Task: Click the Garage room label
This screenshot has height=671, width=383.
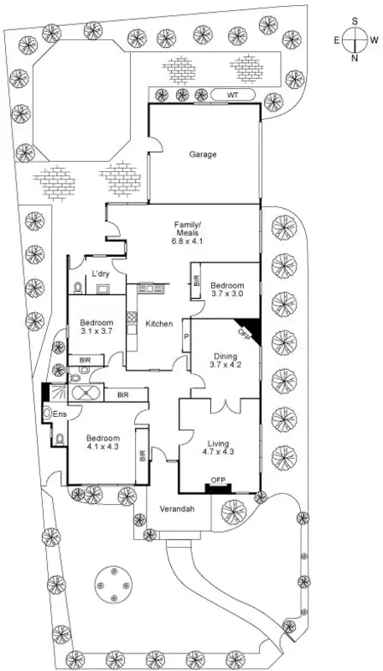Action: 202,154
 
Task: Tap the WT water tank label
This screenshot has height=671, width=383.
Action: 232,95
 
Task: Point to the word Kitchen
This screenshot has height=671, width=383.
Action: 159,324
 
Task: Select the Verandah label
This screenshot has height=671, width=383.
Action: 178,509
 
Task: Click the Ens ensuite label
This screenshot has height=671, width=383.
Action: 60,414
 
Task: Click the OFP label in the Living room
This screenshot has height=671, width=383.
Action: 219,481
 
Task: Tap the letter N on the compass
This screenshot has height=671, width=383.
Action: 355,58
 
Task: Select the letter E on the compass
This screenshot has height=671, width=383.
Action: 337,39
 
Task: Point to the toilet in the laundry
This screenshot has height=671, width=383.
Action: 79,287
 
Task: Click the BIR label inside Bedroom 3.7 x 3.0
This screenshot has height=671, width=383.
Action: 196,283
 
